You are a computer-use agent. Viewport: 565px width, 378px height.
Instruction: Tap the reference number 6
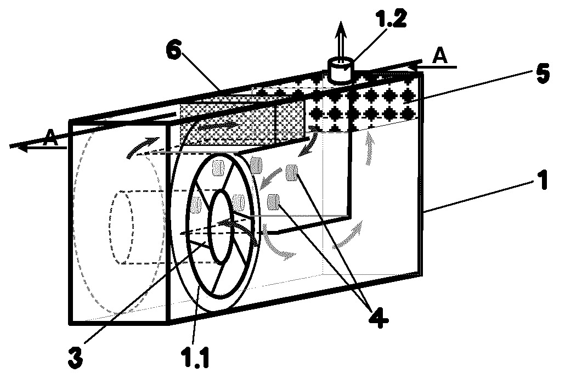(x=174, y=51)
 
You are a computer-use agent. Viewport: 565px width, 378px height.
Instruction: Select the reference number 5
(x=541, y=73)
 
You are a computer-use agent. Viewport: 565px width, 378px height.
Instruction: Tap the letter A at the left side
(x=50, y=138)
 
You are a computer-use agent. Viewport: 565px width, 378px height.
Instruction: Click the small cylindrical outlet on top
(x=340, y=70)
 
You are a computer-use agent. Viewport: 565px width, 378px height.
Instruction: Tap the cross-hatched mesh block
(x=241, y=122)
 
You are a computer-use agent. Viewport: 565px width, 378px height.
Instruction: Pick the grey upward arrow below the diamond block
(x=369, y=148)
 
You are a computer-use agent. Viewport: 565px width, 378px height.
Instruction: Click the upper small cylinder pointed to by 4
(x=291, y=172)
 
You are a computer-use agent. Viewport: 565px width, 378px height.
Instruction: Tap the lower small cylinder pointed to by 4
(x=274, y=202)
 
